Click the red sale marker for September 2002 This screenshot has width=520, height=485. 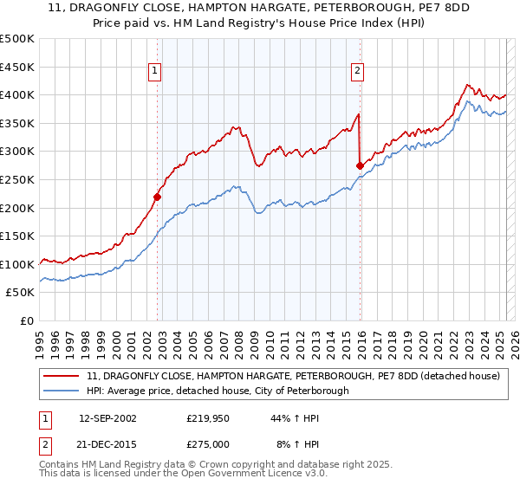(x=158, y=197)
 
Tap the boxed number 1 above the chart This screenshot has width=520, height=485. (x=154, y=72)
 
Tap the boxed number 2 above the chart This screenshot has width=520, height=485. (x=357, y=72)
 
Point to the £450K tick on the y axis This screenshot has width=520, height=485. (x=17, y=67)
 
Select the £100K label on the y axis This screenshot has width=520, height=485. (x=17, y=264)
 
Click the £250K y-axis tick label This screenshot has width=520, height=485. (x=17, y=179)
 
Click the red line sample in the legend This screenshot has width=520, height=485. (x=62, y=377)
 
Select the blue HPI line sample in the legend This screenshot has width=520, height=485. (x=62, y=391)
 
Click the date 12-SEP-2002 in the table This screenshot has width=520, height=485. (x=107, y=418)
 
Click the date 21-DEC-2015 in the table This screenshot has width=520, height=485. (x=107, y=443)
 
